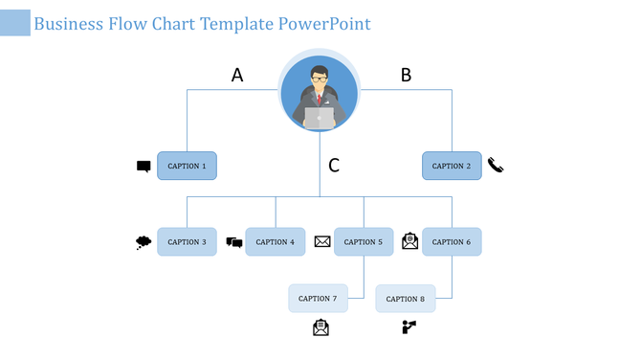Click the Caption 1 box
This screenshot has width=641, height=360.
tap(187, 166)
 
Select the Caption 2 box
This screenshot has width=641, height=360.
tap(452, 166)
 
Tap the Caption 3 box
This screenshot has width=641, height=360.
tap(187, 242)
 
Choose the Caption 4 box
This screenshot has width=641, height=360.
tap(276, 242)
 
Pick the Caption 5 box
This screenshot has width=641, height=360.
tap(364, 242)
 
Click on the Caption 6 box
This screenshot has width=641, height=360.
tap(452, 242)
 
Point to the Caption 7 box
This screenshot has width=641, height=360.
tap(318, 299)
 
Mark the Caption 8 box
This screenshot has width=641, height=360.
tap(406, 299)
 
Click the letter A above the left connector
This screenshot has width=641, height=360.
tap(237, 75)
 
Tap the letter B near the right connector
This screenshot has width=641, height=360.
tap(406, 75)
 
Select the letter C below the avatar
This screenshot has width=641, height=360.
tap(334, 166)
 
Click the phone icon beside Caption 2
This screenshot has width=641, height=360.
tap(496, 165)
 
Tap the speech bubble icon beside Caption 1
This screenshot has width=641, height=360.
tap(144, 167)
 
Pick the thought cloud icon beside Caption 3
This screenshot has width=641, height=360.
tap(144, 242)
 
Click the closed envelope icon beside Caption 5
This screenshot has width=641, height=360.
tap(322, 242)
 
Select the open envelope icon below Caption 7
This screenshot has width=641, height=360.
tap(320, 328)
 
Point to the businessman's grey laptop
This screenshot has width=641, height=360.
tap(320, 118)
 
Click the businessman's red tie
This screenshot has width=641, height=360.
tap(320, 99)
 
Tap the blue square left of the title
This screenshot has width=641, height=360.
tap(14, 23)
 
